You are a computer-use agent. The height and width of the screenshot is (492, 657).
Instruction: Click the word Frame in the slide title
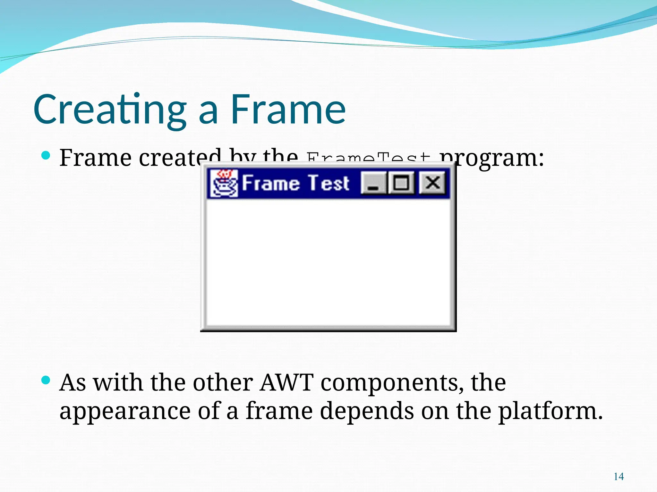(288, 110)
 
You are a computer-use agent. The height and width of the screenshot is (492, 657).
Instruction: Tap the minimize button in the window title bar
(373, 183)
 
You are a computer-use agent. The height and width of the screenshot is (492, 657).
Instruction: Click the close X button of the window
(432, 183)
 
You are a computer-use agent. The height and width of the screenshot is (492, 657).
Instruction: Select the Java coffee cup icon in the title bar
(224, 183)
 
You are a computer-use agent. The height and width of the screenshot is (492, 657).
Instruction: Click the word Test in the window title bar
(328, 183)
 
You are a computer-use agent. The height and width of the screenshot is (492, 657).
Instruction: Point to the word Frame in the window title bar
(270, 183)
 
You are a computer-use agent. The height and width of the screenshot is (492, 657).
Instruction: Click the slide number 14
(619, 477)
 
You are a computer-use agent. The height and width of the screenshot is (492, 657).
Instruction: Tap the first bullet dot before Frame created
(46, 156)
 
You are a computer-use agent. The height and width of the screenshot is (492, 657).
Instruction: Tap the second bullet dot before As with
(46, 381)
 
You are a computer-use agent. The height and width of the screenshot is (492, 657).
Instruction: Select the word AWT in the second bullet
(286, 382)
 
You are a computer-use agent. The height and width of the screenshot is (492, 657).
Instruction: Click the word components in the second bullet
(389, 382)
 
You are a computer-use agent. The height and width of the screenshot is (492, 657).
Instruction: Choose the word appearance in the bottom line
(125, 411)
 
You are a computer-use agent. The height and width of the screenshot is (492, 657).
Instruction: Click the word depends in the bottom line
(367, 411)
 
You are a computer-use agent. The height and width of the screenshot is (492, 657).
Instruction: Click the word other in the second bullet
(223, 382)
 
